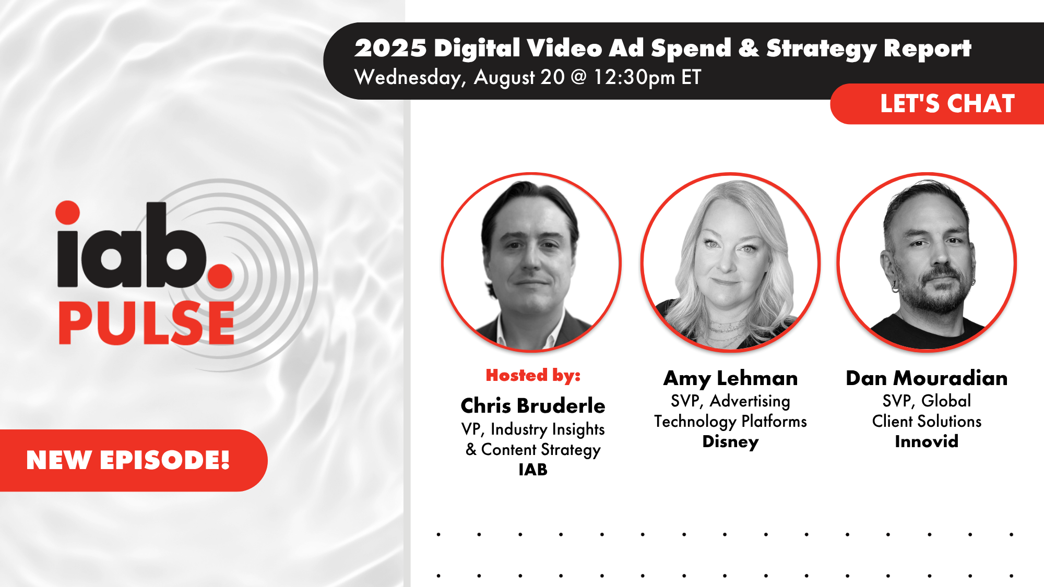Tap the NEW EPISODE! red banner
(128, 460)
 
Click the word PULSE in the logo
(146, 324)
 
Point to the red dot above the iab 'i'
(68, 212)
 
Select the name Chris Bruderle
(532, 406)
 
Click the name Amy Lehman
(730, 378)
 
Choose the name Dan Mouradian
(927, 378)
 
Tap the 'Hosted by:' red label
(533, 375)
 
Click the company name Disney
(730, 442)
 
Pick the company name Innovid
(927, 442)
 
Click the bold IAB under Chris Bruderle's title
(533, 470)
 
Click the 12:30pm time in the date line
(634, 77)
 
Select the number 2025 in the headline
(390, 48)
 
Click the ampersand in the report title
(749, 48)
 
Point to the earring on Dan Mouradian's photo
(895, 286)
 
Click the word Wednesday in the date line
(409, 78)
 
